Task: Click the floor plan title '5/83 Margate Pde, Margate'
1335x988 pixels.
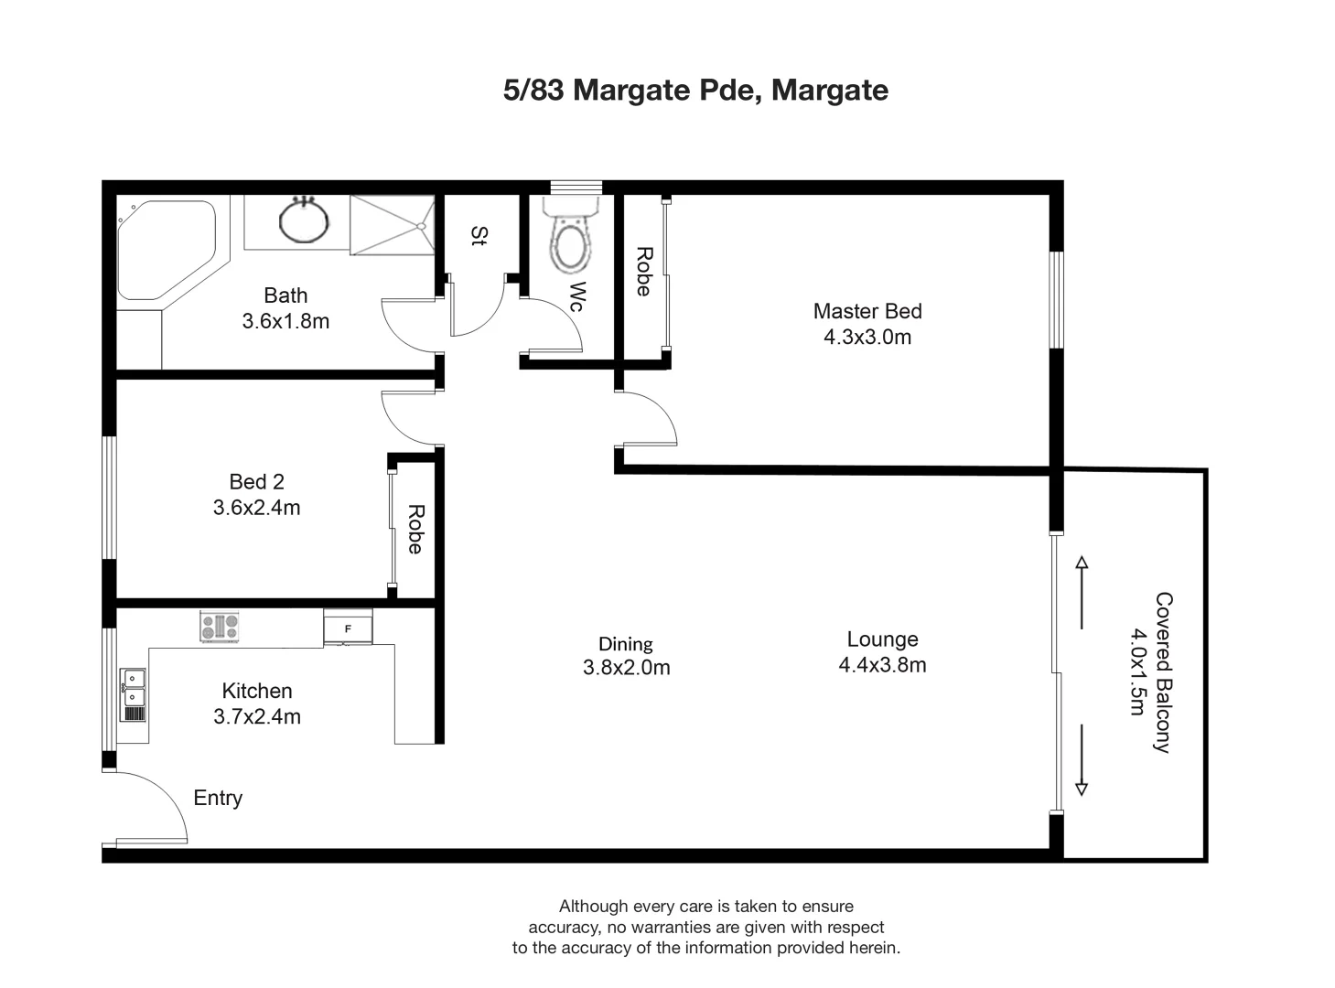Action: (x=695, y=91)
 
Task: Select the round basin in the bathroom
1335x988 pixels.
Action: (x=304, y=220)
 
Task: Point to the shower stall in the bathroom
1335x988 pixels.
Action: (x=391, y=226)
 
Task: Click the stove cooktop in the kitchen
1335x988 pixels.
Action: (x=220, y=627)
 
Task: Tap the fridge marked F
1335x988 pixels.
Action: (x=348, y=628)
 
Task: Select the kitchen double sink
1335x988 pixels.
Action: (x=134, y=694)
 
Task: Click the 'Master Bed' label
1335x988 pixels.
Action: (x=867, y=311)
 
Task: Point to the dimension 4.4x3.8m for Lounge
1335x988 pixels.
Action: (x=882, y=665)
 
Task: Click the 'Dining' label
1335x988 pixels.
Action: (x=626, y=644)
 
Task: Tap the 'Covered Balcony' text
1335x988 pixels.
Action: (x=1163, y=672)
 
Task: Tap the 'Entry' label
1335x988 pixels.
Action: (x=218, y=798)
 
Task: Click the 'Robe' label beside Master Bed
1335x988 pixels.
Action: (x=643, y=272)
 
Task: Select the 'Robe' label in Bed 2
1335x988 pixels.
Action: (x=414, y=530)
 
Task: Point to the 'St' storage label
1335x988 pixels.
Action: (x=478, y=236)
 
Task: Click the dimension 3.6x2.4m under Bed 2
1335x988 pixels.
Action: (x=256, y=508)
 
